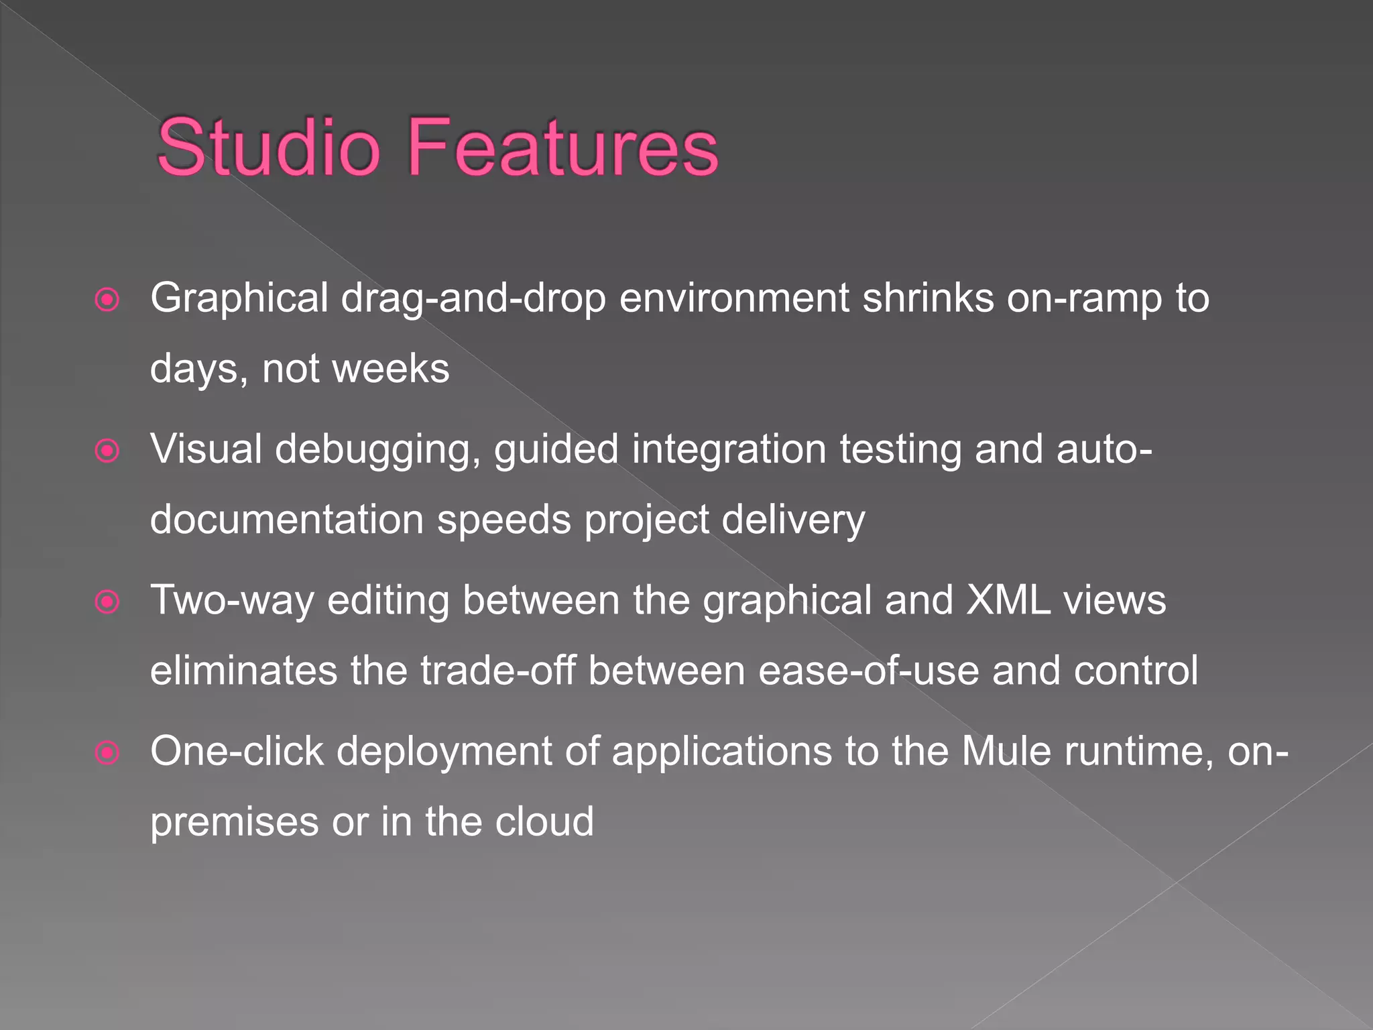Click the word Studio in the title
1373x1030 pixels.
click(268, 148)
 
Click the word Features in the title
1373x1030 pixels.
click(562, 148)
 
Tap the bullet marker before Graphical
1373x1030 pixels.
click(107, 300)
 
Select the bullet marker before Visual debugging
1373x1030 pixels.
click(107, 451)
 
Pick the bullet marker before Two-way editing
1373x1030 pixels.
click(107, 602)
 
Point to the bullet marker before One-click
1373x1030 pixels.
click(107, 752)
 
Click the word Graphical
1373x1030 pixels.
click(239, 298)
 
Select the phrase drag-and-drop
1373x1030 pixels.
click(473, 298)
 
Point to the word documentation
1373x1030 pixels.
click(287, 520)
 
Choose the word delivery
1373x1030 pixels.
click(793, 520)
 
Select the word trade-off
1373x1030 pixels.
click(498, 671)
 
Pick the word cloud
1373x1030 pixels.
click(544, 822)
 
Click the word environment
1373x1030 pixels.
click(734, 298)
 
